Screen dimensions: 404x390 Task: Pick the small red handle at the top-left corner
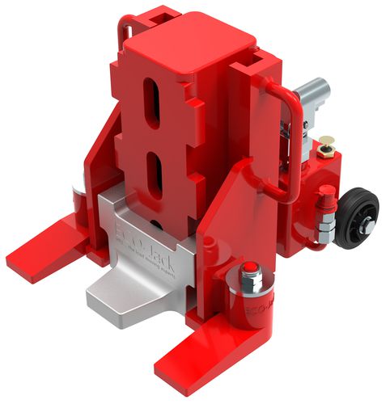pyautogui.click(x=125, y=32)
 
